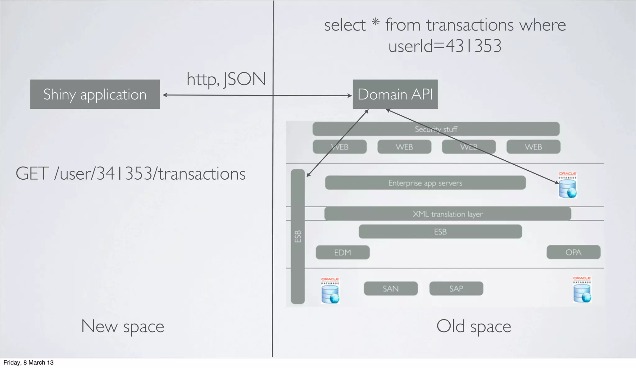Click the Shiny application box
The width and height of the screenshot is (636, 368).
[x=95, y=94]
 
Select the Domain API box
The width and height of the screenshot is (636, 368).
[x=395, y=94]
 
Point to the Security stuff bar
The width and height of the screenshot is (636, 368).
[x=436, y=129]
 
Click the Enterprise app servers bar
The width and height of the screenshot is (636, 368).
[x=425, y=183]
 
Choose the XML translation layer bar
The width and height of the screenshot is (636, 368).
[x=447, y=214]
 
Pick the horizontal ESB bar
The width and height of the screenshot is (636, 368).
[x=440, y=232]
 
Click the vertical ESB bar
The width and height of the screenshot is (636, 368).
[x=298, y=236]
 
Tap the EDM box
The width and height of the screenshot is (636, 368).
[x=343, y=252]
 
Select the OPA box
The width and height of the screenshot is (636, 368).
[x=573, y=252]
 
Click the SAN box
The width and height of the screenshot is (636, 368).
[x=391, y=288]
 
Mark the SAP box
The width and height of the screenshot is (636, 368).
[x=456, y=288]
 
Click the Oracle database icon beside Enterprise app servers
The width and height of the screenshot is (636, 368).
[x=567, y=186]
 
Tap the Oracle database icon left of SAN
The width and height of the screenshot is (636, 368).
[x=330, y=291]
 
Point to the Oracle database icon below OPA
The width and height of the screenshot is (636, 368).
[x=582, y=290]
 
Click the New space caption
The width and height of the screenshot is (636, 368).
[x=122, y=326]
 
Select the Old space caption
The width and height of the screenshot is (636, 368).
[x=474, y=326]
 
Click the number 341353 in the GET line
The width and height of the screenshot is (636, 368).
[x=125, y=173]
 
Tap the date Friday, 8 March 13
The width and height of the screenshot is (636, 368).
[x=29, y=363]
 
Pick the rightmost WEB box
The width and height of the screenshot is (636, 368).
[x=533, y=147]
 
